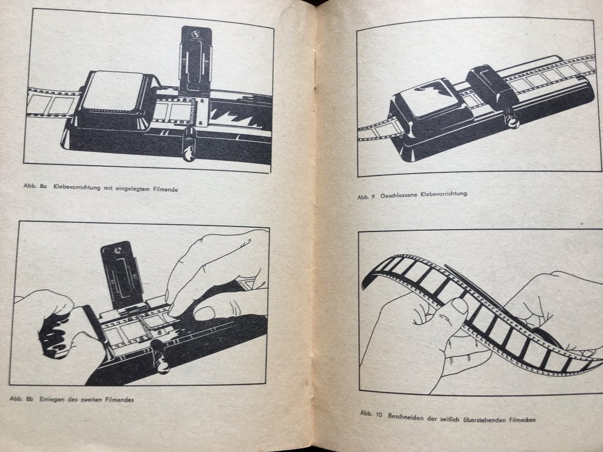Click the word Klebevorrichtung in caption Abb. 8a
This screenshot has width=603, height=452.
click(x=77, y=188)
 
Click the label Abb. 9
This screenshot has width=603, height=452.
click(x=366, y=197)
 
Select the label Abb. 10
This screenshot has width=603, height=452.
click(x=371, y=413)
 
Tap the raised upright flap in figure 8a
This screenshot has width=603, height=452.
click(x=195, y=60)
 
